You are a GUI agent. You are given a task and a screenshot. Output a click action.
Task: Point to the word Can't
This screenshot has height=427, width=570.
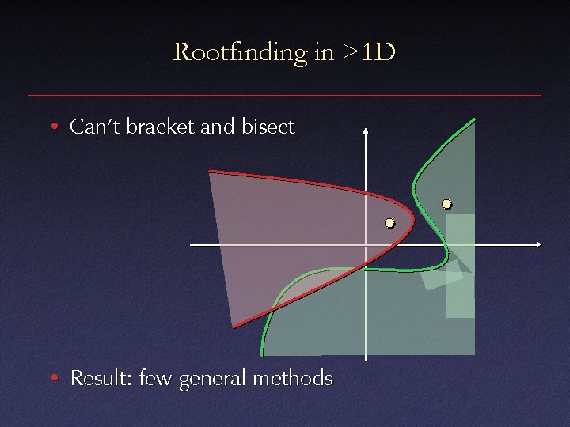point(90,127)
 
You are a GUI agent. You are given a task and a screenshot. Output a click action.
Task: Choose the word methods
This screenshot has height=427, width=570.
point(295,379)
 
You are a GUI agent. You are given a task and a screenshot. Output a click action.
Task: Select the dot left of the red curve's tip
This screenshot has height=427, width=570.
point(389,224)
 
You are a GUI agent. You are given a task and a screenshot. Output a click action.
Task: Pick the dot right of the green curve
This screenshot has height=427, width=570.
point(446,204)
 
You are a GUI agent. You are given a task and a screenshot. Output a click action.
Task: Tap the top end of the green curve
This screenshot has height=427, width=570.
point(474,120)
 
